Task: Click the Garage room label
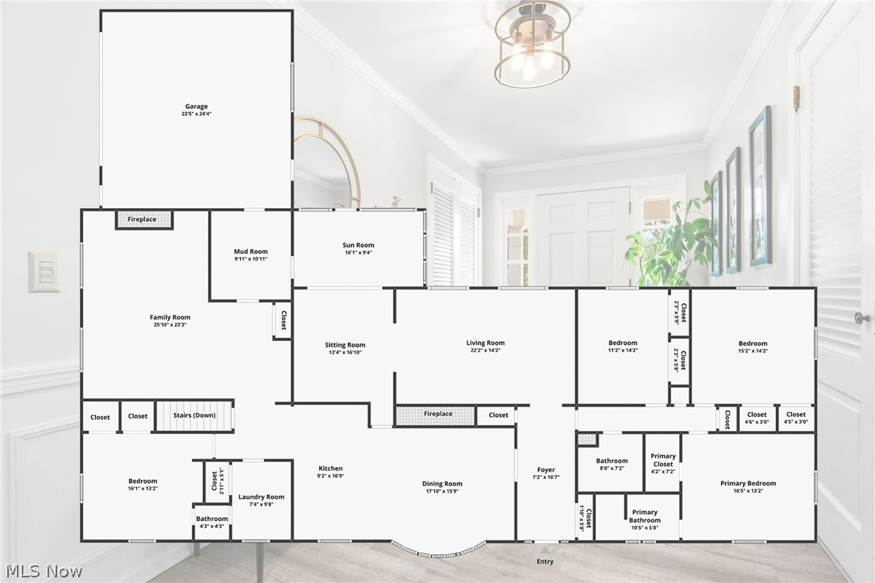point(197,106)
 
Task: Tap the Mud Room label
point(251,252)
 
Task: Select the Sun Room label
point(359,244)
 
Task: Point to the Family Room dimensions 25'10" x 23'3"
point(170,324)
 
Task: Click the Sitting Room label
point(345,344)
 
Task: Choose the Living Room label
point(486,343)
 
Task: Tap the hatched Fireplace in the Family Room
point(144,219)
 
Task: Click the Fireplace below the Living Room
point(435,415)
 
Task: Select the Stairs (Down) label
point(194,415)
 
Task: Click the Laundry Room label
point(261,497)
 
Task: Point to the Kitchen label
point(330,468)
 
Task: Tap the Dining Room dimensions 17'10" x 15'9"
point(442,491)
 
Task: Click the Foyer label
point(545,469)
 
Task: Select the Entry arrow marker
point(545,550)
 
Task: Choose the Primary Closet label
point(663,460)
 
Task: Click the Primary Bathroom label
point(645,516)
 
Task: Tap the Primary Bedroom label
point(748,483)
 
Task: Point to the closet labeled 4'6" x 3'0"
point(757,418)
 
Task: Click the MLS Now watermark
point(44,571)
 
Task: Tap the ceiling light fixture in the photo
point(533,44)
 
